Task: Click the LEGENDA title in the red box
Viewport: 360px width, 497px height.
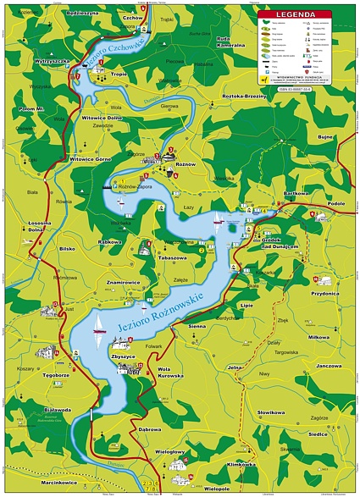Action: tap(296, 14)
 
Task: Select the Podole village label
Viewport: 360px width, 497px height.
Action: tap(336, 203)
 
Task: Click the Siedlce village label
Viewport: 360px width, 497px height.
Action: tap(318, 434)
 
